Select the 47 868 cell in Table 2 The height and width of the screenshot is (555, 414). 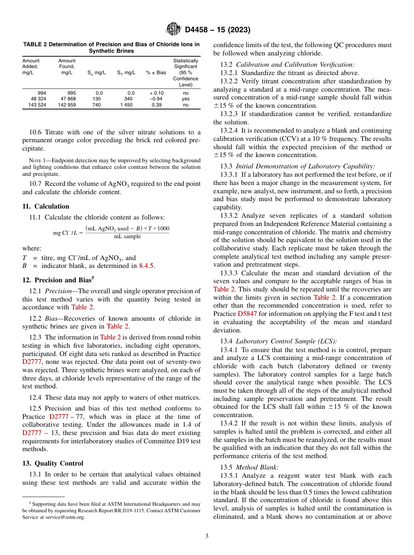(x=67, y=99)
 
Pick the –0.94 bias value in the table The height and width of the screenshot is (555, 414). (x=156, y=99)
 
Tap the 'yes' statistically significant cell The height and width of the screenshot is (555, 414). (x=186, y=99)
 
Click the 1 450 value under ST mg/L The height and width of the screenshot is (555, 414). (x=127, y=105)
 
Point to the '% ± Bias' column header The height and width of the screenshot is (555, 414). (x=156, y=72)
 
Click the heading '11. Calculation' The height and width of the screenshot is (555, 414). (x=45, y=206)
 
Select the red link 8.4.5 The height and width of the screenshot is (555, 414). (x=146, y=265)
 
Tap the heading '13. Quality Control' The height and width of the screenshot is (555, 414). (x=53, y=463)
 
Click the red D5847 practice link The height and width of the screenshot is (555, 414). (x=246, y=314)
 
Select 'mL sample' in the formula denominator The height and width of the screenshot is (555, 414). (x=127, y=236)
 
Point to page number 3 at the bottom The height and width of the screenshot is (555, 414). (x=207, y=536)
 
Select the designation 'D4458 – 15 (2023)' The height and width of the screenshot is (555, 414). (x=217, y=30)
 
